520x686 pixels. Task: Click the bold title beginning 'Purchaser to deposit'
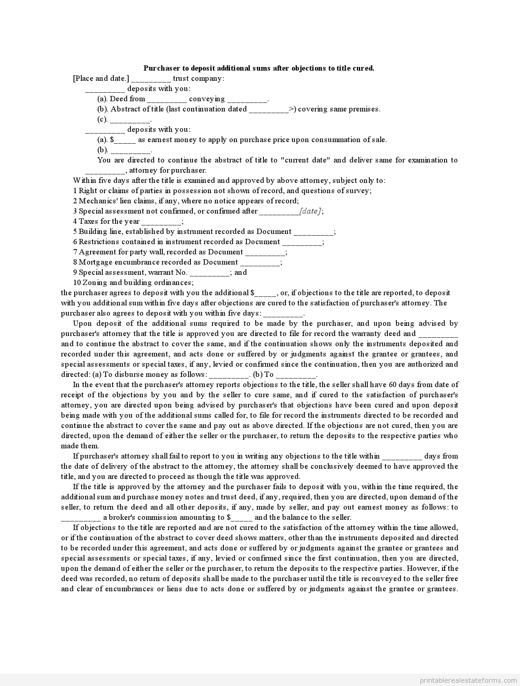(259, 68)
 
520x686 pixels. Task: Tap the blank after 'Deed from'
(166, 100)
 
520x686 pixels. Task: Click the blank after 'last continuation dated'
(268, 110)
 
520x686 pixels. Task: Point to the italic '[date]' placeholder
(311, 211)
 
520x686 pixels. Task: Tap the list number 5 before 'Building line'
(75, 232)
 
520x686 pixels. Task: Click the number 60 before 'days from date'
(393, 385)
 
